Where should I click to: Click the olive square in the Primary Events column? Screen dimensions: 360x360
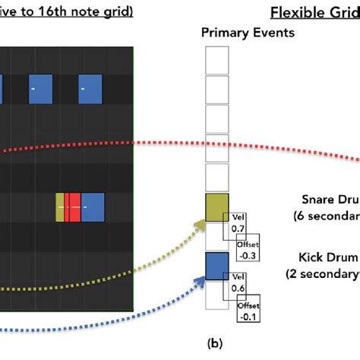tap(217, 207)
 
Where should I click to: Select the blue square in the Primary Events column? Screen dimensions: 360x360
tap(217, 267)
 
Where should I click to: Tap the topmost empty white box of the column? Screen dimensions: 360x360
tap(217, 59)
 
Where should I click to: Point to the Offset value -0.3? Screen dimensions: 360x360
tap(249, 255)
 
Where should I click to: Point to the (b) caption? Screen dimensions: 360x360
tap(216, 343)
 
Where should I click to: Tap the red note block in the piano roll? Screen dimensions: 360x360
tap(73, 207)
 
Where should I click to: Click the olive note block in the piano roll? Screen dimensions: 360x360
tap(60, 207)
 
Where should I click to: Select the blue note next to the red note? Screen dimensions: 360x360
tap(93, 207)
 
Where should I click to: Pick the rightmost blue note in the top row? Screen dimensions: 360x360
tap(90, 89)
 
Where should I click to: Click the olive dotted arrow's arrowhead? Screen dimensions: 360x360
tap(200, 222)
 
